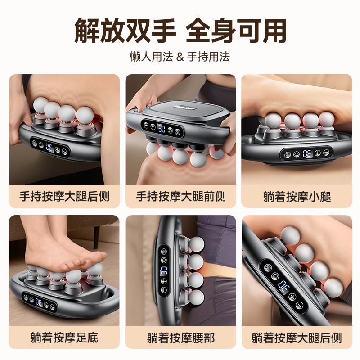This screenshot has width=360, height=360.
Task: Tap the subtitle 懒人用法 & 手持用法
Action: click(x=180, y=57)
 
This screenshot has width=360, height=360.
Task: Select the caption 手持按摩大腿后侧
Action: click(x=64, y=197)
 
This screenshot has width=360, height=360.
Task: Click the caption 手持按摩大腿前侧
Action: click(x=180, y=197)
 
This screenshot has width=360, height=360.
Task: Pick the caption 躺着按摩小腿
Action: click(x=297, y=197)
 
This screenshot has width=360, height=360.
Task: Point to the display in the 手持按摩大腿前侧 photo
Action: click(x=161, y=129)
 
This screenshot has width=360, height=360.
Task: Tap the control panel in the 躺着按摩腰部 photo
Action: click(x=164, y=272)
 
